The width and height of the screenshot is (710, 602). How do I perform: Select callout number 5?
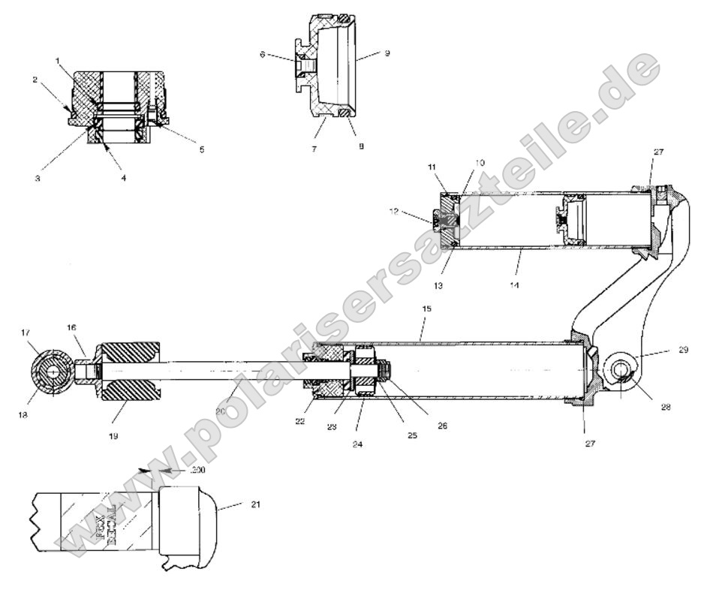202,149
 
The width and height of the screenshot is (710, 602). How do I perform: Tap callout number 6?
263,54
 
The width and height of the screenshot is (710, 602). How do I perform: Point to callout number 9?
387,53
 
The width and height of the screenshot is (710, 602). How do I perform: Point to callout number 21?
255,505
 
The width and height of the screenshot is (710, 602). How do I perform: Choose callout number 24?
356,443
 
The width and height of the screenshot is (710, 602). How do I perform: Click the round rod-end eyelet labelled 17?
53,372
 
